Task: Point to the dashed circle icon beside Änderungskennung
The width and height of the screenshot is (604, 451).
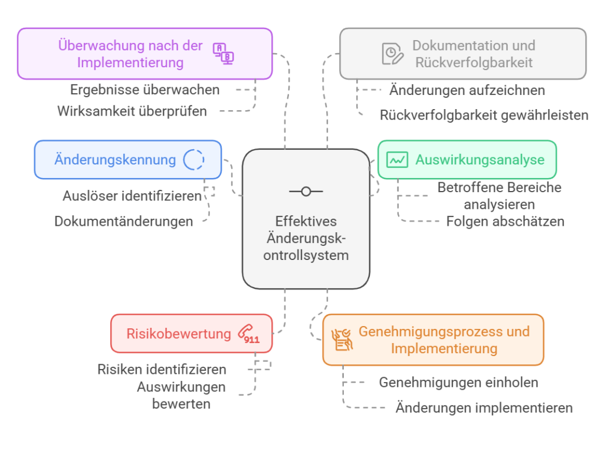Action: coord(193,160)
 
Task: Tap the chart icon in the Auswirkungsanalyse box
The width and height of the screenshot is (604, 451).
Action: coord(397,160)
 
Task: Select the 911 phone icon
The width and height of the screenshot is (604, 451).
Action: coord(248,334)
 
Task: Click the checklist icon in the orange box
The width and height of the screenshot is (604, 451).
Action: coord(342,340)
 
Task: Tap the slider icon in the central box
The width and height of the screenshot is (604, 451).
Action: coord(306,191)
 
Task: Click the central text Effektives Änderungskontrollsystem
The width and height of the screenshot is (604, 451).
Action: coord(306,238)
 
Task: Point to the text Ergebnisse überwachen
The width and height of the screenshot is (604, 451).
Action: coord(145,90)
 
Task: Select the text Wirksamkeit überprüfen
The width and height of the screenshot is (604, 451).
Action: coord(132,111)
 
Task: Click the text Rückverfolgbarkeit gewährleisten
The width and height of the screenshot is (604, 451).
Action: coord(484,115)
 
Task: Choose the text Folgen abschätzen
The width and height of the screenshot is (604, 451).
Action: coord(505,222)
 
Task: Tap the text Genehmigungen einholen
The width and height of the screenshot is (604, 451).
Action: coord(458,383)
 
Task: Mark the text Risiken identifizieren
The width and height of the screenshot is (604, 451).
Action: coord(162,370)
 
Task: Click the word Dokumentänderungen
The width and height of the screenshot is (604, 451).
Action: coord(124,222)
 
